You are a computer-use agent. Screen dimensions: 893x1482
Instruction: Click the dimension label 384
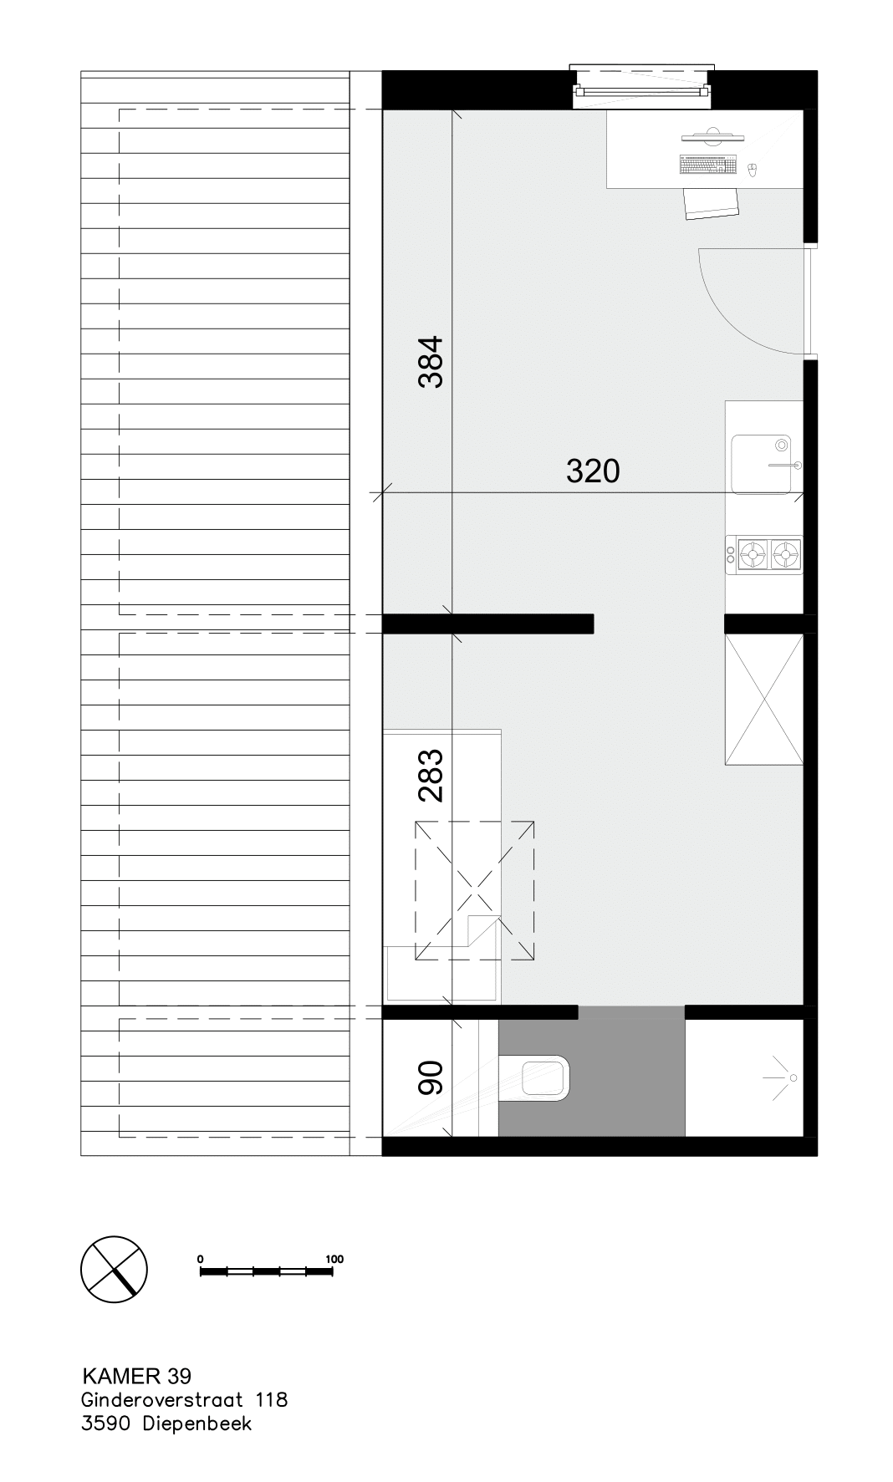431,362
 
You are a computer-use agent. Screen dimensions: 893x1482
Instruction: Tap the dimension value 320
593,471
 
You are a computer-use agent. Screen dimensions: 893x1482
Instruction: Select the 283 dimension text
431,776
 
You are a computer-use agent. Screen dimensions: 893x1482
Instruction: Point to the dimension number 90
431,1078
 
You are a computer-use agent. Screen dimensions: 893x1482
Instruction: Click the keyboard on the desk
709,166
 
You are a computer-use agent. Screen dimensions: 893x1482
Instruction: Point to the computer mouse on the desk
752,171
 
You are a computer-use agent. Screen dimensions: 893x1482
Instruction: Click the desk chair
712,203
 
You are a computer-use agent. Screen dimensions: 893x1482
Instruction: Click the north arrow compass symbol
114,1268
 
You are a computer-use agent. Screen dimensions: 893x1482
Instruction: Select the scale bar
267,1271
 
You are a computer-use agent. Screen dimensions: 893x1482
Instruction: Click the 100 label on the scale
334,1259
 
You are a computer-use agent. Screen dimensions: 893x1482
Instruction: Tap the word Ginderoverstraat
162,1399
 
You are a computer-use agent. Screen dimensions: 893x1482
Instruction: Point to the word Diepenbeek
197,1423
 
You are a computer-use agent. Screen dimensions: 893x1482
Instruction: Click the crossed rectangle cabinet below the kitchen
764,700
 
